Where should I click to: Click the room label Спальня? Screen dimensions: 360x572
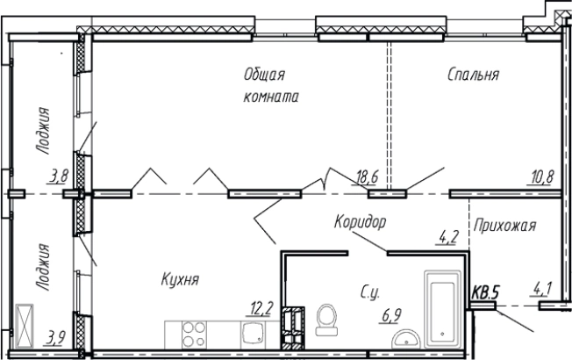[473, 76]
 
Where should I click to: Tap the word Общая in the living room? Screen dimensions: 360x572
[265, 76]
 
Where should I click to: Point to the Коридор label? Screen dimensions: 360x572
[361, 222]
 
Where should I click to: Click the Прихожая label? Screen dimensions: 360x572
[504, 226]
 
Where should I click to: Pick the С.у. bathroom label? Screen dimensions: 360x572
[370, 289]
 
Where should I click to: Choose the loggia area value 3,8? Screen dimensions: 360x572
[59, 176]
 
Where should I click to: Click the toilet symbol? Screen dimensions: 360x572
[326, 320]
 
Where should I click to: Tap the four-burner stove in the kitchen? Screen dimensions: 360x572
[191, 334]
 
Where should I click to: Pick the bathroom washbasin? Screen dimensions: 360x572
[406, 341]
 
